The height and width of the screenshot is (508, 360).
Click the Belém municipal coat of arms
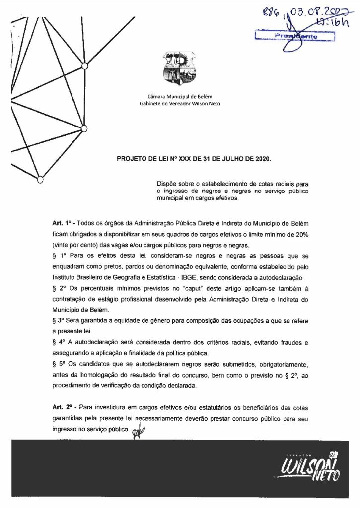pos(179,71)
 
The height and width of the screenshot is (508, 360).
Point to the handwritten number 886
pos(271,14)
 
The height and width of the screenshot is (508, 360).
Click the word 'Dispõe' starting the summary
pos(167,184)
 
